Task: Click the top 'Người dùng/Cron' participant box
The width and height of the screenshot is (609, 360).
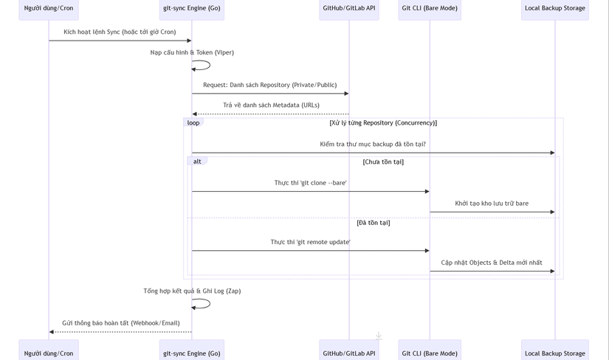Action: point(49,9)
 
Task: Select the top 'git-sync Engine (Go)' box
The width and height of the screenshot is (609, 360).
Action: point(192,9)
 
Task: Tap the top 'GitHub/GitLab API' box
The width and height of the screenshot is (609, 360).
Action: point(349,9)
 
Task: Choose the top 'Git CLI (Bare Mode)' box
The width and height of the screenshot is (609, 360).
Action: point(430,9)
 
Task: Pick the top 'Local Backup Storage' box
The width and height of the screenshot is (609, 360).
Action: point(555,9)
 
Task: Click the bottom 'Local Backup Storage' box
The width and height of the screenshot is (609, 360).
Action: point(555,353)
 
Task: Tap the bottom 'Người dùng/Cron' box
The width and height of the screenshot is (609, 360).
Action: point(49,353)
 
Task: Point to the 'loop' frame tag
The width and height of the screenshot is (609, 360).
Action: point(193,123)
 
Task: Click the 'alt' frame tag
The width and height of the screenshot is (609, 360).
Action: point(197,162)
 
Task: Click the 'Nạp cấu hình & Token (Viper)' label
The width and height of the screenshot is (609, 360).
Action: point(192,52)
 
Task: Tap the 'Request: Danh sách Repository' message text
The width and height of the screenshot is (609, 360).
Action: point(270,85)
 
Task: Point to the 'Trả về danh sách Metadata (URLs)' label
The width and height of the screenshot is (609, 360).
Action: point(271,105)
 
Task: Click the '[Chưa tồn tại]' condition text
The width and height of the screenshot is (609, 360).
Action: point(383,162)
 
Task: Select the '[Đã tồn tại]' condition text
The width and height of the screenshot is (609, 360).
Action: point(374,222)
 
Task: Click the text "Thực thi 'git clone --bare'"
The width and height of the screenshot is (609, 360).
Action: point(310,183)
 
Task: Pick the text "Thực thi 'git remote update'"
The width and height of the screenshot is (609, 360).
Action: point(310,242)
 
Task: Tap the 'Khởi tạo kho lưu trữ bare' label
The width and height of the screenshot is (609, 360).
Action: point(492,204)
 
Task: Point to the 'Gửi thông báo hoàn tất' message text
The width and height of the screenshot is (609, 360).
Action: point(121,323)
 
